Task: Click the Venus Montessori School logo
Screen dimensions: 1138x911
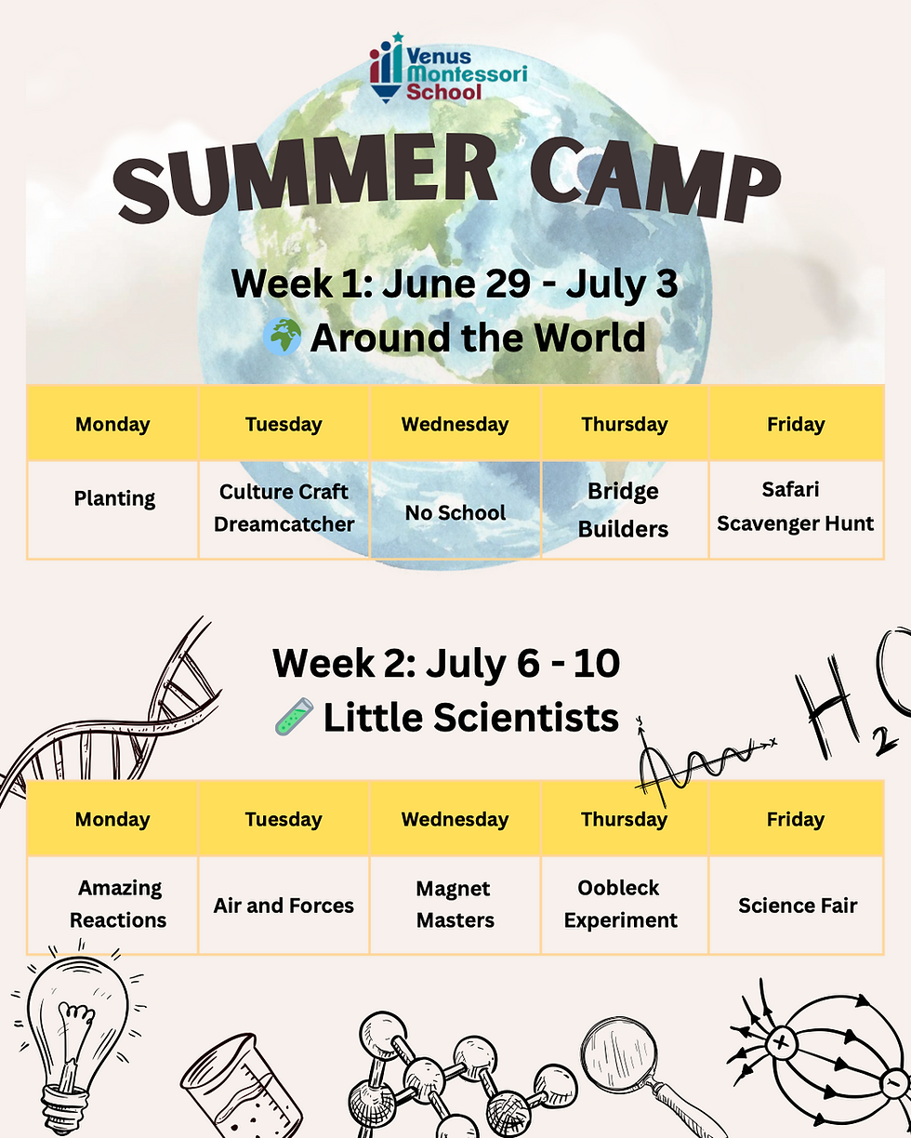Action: coord(447,67)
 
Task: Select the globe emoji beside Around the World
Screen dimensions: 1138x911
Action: coord(282,337)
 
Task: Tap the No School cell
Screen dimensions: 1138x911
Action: coord(455,512)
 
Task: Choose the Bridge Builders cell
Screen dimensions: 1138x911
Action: coord(624,509)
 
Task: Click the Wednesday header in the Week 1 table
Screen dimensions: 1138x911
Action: coord(455,425)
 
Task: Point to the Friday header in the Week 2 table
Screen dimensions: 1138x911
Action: coord(795,819)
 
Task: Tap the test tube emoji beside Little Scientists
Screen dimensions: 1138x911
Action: coord(293,718)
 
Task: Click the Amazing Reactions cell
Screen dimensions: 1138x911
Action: coord(118,904)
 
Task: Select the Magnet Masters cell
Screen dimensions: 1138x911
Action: coord(455,904)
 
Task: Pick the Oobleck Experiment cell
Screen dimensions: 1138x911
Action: coord(620,904)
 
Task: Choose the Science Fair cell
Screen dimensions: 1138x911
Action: coord(797,905)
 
